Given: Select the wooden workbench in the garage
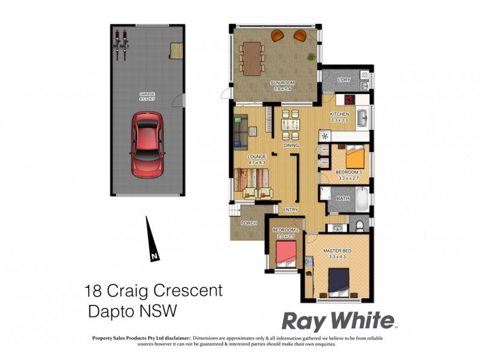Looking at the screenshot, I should (x=176, y=50).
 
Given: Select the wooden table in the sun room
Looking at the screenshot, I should (x=251, y=57).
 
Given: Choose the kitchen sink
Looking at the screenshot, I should (x=362, y=118).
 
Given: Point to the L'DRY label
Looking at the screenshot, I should (x=344, y=80).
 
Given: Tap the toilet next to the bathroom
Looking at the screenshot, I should (x=359, y=226).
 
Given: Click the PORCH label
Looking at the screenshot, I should (x=248, y=223).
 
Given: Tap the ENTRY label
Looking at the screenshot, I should (x=290, y=209).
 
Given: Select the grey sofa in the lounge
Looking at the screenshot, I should (x=240, y=132).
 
